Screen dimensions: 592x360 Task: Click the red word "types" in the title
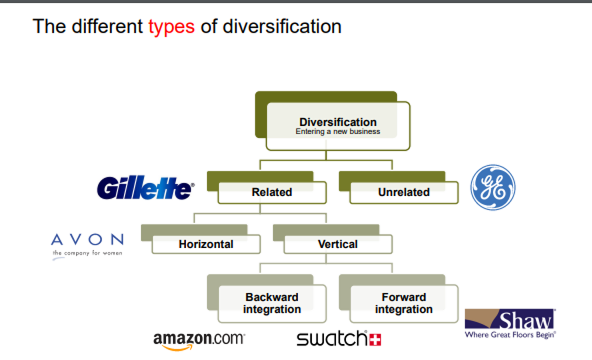pyautogui.click(x=171, y=27)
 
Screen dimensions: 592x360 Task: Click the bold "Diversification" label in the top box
pyautogui.click(x=337, y=122)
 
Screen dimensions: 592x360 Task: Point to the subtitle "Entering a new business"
pyautogui.click(x=337, y=132)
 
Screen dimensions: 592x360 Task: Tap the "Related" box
pyautogui.click(x=272, y=193)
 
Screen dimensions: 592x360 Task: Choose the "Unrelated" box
pyautogui.click(x=404, y=193)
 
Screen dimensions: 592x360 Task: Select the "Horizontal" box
pyautogui.click(x=206, y=245)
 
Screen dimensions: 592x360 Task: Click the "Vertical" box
pyautogui.click(x=338, y=245)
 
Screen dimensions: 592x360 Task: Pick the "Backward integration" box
pyautogui.click(x=272, y=303)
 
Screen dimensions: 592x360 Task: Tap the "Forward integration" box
pyautogui.click(x=404, y=303)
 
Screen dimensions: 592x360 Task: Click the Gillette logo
pyautogui.click(x=145, y=189)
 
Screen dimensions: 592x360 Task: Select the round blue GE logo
pyautogui.click(x=493, y=187)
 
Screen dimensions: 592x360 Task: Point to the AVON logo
pyautogui.click(x=87, y=240)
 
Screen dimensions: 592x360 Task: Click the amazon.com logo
pyautogui.click(x=199, y=339)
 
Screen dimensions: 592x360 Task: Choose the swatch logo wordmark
pyautogui.click(x=331, y=339)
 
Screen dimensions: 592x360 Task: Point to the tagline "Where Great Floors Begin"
pyautogui.click(x=511, y=335)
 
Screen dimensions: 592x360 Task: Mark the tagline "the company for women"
pyautogui.click(x=87, y=253)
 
